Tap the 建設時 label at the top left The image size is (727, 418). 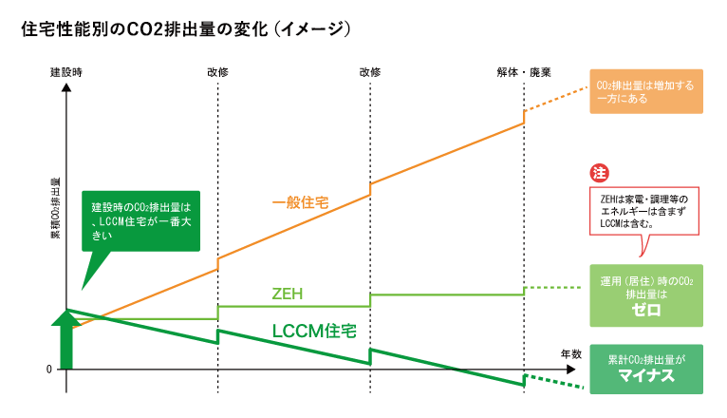[66, 72]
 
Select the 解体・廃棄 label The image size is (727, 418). [524, 72]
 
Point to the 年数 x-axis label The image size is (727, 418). [570, 353]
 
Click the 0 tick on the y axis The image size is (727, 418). [48, 369]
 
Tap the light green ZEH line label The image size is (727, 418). [287, 294]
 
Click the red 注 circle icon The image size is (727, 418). [599, 173]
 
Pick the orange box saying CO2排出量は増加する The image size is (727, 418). [646, 91]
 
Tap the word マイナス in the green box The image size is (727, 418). [646, 376]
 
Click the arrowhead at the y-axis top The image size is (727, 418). [66, 87]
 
